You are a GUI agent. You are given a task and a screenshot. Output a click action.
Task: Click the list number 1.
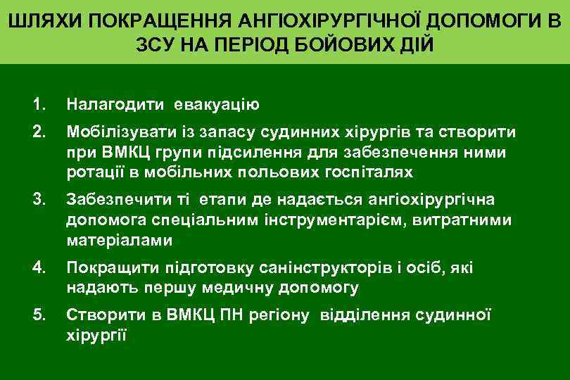tap(39, 106)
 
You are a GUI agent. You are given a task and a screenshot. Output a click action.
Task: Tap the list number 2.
tap(39, 133)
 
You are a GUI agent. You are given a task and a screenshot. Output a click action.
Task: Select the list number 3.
tap(39, 201)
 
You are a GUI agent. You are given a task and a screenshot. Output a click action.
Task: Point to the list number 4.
tap(39, 268)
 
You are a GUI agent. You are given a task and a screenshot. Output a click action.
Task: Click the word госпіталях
tap(374, 172)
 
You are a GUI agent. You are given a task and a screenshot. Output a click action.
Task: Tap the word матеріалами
tap(119, 241)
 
